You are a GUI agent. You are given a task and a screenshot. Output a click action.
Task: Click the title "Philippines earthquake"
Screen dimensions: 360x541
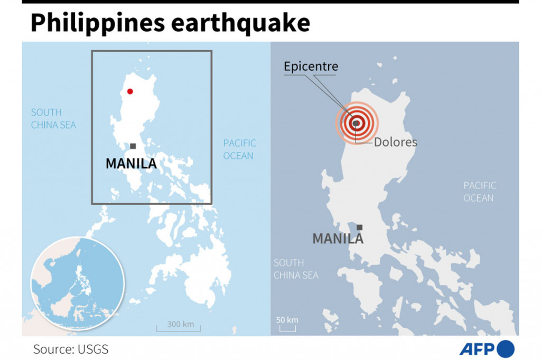pos(170,23)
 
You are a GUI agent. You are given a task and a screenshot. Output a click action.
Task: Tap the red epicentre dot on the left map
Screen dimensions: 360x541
pos(130,91)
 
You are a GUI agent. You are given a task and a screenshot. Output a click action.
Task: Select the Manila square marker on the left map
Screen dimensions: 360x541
pos(133,146)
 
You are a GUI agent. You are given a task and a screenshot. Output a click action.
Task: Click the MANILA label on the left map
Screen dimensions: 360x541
pos(131,164)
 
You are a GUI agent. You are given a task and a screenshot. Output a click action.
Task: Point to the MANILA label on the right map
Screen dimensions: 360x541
pos(338,239)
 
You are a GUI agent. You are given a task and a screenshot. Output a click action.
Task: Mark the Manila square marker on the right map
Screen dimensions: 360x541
pos(359,228)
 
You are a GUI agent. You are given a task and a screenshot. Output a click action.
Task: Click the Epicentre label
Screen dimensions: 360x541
pos(311,67)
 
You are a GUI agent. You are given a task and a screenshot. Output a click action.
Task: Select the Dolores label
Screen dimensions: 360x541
pos(395,143)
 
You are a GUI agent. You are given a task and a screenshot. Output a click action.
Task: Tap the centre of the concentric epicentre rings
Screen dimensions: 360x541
pos(357,123)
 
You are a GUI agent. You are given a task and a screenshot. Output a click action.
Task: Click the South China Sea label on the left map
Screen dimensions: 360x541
pos(53,119)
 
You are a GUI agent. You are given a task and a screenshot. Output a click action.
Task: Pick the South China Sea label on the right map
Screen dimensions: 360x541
pos(296,269)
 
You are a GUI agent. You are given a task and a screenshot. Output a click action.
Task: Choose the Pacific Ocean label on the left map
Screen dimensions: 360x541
pos(239,149)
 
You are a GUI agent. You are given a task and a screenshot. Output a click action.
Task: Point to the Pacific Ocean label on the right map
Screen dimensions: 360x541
pos(480,192)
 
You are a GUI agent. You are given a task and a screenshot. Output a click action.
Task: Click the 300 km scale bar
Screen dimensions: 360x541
pos(179,327)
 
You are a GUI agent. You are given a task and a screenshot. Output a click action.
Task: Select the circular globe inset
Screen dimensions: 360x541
pos(78,283)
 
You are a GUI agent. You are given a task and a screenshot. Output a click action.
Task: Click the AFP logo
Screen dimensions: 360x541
pos(486,349)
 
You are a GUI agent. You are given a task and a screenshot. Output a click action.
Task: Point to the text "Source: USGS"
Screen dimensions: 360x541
pos(71,349)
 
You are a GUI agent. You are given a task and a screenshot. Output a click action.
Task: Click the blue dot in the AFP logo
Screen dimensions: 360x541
pos(506,349)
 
